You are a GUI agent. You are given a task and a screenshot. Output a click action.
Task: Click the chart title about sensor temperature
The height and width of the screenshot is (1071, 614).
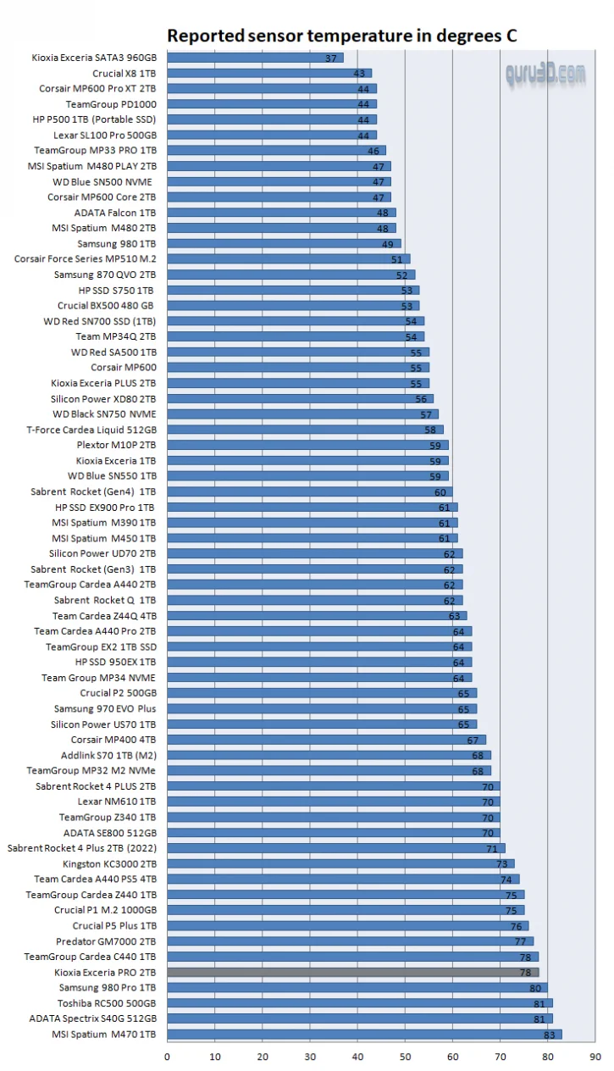tap(341, 36)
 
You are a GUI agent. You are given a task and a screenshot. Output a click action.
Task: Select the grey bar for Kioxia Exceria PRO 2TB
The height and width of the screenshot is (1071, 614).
tap(352, 972)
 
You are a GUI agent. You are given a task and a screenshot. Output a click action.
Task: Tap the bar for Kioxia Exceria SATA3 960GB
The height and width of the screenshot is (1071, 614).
tap(254, 58)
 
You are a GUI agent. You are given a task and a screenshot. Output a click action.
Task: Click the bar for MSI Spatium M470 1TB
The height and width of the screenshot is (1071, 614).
tap(364, 1034)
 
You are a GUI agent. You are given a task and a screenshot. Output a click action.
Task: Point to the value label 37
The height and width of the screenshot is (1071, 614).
tap(331, 58)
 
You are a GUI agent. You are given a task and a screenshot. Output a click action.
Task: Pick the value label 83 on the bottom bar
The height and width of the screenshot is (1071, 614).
tap(550, 1035)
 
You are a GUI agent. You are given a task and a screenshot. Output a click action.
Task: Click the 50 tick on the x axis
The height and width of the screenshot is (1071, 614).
tap(405, 1057)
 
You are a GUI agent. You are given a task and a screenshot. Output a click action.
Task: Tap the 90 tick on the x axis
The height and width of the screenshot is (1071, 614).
tap(595, 1057)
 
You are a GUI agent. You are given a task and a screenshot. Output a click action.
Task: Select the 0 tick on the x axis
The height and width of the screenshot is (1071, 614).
tap(167, 1057)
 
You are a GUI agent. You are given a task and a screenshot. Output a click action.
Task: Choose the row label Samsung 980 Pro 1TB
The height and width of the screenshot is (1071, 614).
tap(108, 987)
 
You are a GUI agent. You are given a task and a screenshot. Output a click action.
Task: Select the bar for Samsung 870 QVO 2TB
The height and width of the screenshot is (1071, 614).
tap(290, 275)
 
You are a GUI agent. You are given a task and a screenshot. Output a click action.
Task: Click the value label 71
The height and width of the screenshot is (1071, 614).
tap(493, 848)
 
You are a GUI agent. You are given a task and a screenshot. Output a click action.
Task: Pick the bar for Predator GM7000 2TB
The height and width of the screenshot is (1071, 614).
tap(350, 941)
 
